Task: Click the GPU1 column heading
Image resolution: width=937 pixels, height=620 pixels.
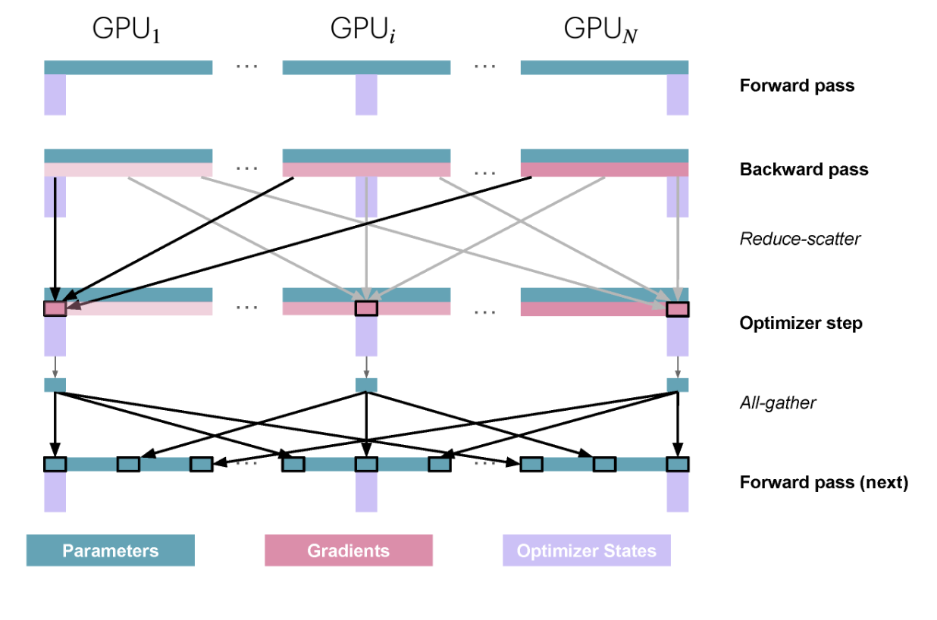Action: (x=127, y=30)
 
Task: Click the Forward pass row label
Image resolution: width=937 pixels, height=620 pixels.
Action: (x=797, y=86)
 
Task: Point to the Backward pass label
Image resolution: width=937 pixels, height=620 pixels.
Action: (x=804, y=169)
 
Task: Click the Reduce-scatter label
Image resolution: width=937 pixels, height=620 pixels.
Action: (x=800, y=240)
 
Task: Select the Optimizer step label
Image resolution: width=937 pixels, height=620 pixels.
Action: (x=801, y=324)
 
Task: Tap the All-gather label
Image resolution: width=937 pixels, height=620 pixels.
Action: (x=778, y=402)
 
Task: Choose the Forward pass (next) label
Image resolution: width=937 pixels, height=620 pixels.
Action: (x=823, y=483)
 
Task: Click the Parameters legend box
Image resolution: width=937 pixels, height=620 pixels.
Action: (x=111, y=550)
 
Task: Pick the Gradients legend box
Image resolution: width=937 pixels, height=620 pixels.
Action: (x=349, y=550)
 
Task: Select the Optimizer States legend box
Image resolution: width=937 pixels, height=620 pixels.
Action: (x=587, y=550)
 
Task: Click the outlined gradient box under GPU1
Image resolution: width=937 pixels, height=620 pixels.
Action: (x=55, y=308)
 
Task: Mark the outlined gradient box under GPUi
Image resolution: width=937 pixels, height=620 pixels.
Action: (x=366, y=308)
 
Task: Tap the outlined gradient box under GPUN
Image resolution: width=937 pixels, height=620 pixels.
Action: (x=678, y=308)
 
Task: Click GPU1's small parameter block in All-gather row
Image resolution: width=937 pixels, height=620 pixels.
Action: (x=55, y=385)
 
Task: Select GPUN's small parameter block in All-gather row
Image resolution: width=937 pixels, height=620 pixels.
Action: (x=678, y=385)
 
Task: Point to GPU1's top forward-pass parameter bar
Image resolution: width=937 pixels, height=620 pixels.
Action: (x=128, y=67)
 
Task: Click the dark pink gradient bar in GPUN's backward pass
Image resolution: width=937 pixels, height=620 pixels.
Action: (x=604, y=170)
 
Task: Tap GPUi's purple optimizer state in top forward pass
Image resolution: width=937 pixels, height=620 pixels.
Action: (x=366, y=95)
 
